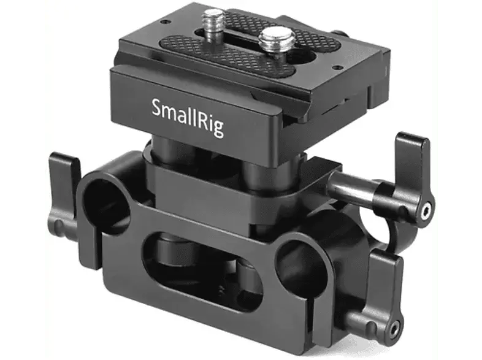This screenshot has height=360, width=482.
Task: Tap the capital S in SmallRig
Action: [x=158, y=109]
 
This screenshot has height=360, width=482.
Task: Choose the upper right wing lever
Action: [x=411, y=178]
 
